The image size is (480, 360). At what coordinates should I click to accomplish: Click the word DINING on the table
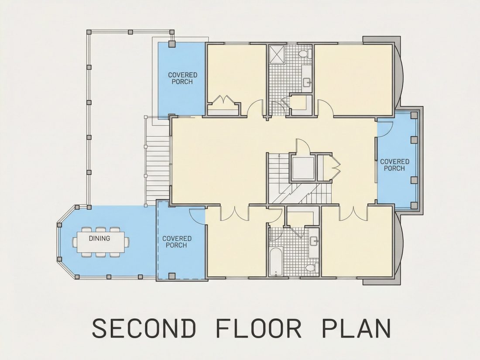click(x=99, y=238)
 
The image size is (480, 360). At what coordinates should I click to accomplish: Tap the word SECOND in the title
click(x=144, y=328)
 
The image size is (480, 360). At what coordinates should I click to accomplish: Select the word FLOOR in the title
click(x=259, y=328)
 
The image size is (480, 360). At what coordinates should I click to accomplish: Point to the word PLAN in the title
click(x=357, y=328)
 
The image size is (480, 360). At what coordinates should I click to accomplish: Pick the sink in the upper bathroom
click(x=307, y=82)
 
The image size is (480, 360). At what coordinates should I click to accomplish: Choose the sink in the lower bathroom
click(x=314, y=241)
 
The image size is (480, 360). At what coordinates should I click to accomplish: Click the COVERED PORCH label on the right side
click(x=394, y=165)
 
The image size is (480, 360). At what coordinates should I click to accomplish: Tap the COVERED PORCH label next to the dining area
click(x=177, y=242)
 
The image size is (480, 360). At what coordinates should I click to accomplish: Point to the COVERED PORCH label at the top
click(x=182, y=79)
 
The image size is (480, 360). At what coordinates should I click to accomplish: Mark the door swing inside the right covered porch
click(x=385, y=127)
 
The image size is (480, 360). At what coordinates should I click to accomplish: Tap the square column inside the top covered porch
click(x=172, y=44)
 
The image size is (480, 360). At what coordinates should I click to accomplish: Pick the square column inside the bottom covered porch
click(x=172, y=275)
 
